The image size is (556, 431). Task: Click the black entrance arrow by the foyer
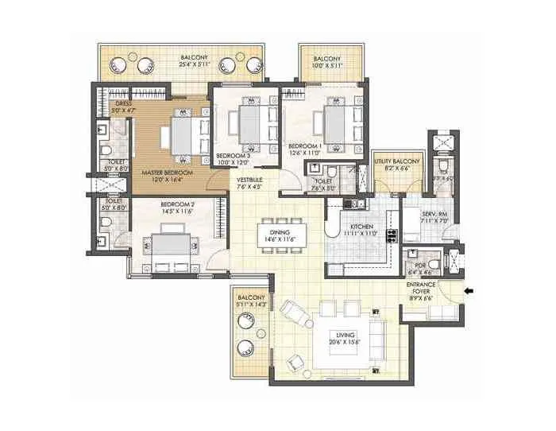[x=469, y=291]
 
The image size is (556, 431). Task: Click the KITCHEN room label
[x=361, y=226]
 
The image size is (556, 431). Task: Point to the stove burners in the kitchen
[x=391, y=235]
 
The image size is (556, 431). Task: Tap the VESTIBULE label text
[x=249, y=181]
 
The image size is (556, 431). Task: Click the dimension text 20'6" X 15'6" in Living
[x=346, y=342]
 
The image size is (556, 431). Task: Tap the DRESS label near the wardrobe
[x=122, y=103]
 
